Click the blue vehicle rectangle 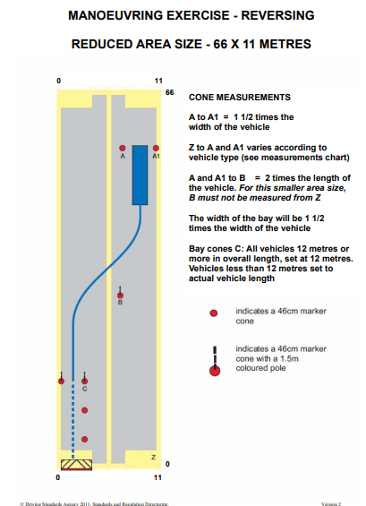[x=140, y=175]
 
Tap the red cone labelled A [x=123, y=148]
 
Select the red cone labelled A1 [x=156, y=148]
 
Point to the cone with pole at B [x=120, y=293]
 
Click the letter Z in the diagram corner [x=154, y=457]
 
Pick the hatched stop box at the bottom [x=76, y=465]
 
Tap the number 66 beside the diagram [x=170, y=92]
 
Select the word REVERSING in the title [x=278, y=15]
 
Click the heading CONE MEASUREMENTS [x=240, y=98]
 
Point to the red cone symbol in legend [x=214, y=313]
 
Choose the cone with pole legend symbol [x=215, y=362]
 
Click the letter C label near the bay [x=84, y=389]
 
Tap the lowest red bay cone [x=84, y=439]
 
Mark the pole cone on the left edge [x=61, y=379]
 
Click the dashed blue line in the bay [x=72, y=419]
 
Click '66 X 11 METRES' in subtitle [x=262, y=44]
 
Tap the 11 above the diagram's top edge [x=158, y=81]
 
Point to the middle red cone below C [x=84, y=410]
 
